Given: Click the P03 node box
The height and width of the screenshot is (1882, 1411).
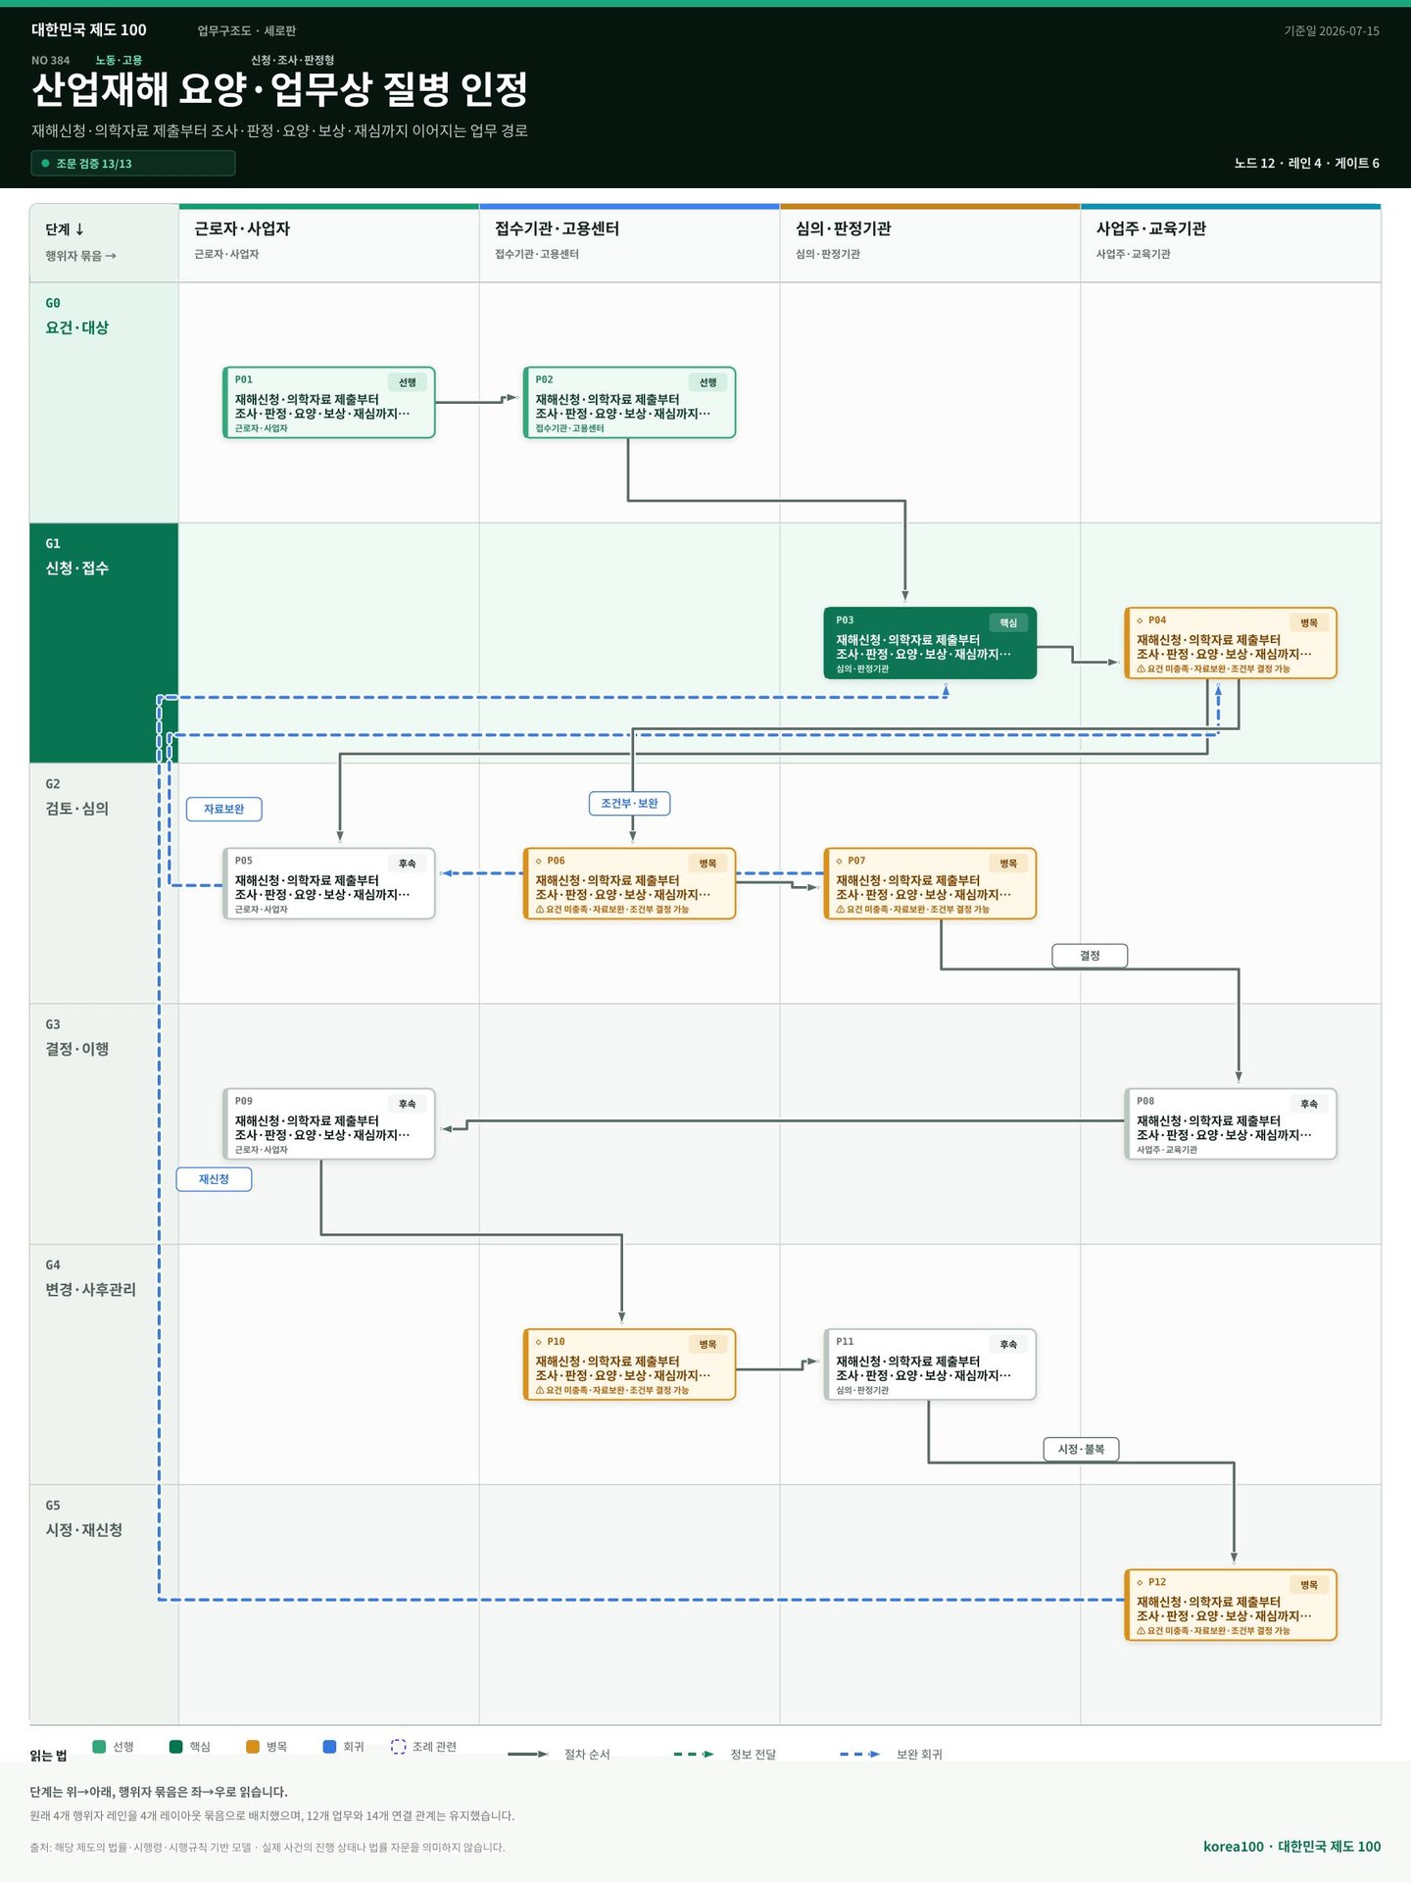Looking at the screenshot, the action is click(x=930, y=643).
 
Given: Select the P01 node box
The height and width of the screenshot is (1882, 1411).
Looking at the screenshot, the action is click(x=328, y=403).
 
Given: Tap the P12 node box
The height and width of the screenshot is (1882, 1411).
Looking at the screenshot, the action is click(x=1231, y=1605).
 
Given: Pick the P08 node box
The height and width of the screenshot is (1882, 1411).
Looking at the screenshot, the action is click(x=1231, y=1124).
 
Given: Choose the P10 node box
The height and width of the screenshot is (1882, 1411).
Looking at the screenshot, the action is click(x=629, y=1364).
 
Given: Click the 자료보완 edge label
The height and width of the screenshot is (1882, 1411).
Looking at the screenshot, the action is click(x=224, y=809).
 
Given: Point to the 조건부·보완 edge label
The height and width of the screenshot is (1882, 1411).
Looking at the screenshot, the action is click(x=629, y=804).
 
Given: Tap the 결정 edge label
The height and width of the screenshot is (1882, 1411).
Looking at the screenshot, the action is click(x=1090, y=956).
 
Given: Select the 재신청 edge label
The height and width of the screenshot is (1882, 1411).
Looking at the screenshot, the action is click(x=214, y=1179).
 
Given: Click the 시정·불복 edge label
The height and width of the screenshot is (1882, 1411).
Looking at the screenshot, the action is click(x=1081, y=1449).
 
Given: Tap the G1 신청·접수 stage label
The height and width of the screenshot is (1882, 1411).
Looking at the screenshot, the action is click(x=77, y=557).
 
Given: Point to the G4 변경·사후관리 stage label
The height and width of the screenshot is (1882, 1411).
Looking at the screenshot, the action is click(x=90, y=1278).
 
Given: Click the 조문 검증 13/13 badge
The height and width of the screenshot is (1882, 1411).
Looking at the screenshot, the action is click(x=133, y=164).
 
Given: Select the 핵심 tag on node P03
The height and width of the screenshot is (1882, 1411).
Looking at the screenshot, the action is click(x=1008, y=622).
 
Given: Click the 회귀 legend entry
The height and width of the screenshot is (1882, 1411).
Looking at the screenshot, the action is click(x=343, y=1747).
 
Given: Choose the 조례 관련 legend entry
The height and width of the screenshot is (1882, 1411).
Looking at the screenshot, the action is click(x=423, y=1747).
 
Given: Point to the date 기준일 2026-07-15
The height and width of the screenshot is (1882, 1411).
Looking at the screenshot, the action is click(x=1332, y=31).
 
